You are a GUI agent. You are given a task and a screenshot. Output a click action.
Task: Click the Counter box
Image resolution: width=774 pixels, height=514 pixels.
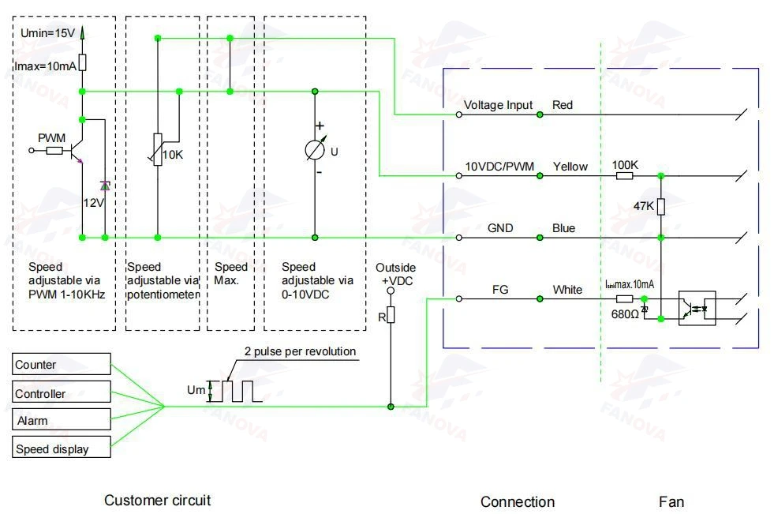click(x=62, y=364)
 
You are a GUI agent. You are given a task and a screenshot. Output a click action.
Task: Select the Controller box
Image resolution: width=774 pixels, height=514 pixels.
click(x=62, y=392)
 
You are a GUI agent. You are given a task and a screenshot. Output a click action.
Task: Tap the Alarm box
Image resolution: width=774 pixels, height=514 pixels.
click(x=62, y=419)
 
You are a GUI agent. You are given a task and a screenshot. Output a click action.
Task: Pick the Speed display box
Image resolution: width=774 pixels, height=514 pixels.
click(x=62, y=447)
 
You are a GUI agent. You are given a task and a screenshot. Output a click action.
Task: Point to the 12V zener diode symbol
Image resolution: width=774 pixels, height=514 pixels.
click(x=105, y=186)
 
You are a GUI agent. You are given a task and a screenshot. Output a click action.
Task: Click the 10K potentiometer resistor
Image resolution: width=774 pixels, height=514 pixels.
click(x=158, y=149)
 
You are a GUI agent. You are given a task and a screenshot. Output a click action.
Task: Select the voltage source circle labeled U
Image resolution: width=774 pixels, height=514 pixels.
click(x=315, y=150)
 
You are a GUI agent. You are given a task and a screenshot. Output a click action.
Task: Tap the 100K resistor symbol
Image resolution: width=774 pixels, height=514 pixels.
click(x=624, y=176)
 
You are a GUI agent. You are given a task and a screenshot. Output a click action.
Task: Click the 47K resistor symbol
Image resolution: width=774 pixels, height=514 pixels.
click(x=661, y=206)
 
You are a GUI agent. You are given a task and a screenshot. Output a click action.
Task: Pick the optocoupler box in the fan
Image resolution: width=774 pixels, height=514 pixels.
click(x=697, y=308)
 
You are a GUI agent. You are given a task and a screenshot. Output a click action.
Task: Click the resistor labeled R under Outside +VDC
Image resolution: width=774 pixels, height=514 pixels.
click(x=391, y=314)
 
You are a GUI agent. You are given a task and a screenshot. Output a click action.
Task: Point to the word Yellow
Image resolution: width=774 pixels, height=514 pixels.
click(x=570, y=167)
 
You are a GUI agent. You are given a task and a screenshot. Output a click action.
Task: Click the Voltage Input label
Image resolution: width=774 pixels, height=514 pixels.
click(x=498, y=105)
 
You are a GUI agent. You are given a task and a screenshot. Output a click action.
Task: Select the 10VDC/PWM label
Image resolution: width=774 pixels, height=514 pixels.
click(x=499, y=167)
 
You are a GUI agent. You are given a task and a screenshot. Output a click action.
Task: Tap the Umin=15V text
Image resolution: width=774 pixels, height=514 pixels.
click(x=47, y=33)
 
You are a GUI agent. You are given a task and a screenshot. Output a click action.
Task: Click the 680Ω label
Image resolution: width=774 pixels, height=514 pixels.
click(x=625, y=314)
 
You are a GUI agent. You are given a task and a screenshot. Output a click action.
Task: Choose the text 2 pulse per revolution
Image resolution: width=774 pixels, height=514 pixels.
click(x=300, y=351)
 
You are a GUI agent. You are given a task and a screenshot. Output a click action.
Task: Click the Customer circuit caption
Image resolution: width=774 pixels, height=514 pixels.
click(x=158, y=500)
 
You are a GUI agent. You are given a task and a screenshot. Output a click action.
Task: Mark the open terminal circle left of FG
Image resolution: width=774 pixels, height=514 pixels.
click(x=459, y=298)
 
